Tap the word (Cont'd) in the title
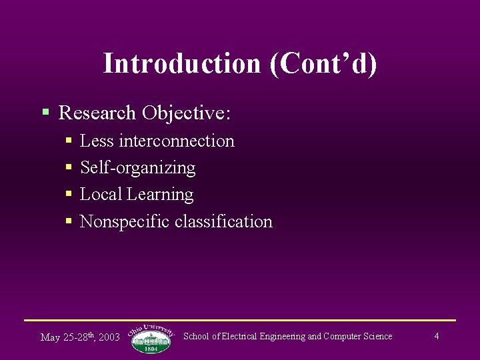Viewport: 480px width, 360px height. pyautogui.click(x=323, y=63)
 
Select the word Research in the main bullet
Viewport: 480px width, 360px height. pyautogui.click(x=97, y=113)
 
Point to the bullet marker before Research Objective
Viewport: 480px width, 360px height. pyautogui.click(x=45, y=112)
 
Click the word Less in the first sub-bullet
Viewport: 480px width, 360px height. pyautogui.click(x=97, y=141)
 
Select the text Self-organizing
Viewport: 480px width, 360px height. pyautogui.click(x=137, y=167)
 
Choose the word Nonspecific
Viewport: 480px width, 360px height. pyautogui.click(x=125, y=221)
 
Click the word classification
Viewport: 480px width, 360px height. pyautogui.click(x=223, y=221)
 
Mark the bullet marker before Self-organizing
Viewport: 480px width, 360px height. pyautogui.click(x=69, y=167)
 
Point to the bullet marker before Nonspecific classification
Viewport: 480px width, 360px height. pyautogui.click(x=69, y=221)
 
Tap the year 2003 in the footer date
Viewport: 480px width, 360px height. pyautogui.click(x=109, y=337)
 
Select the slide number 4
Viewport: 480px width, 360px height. pyautogui.click(x=436, y=336)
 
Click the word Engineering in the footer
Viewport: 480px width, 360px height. pyautogui.click(x=279, y=336)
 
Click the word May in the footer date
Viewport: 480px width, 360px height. pyautogui.click(x=51, y=337)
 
